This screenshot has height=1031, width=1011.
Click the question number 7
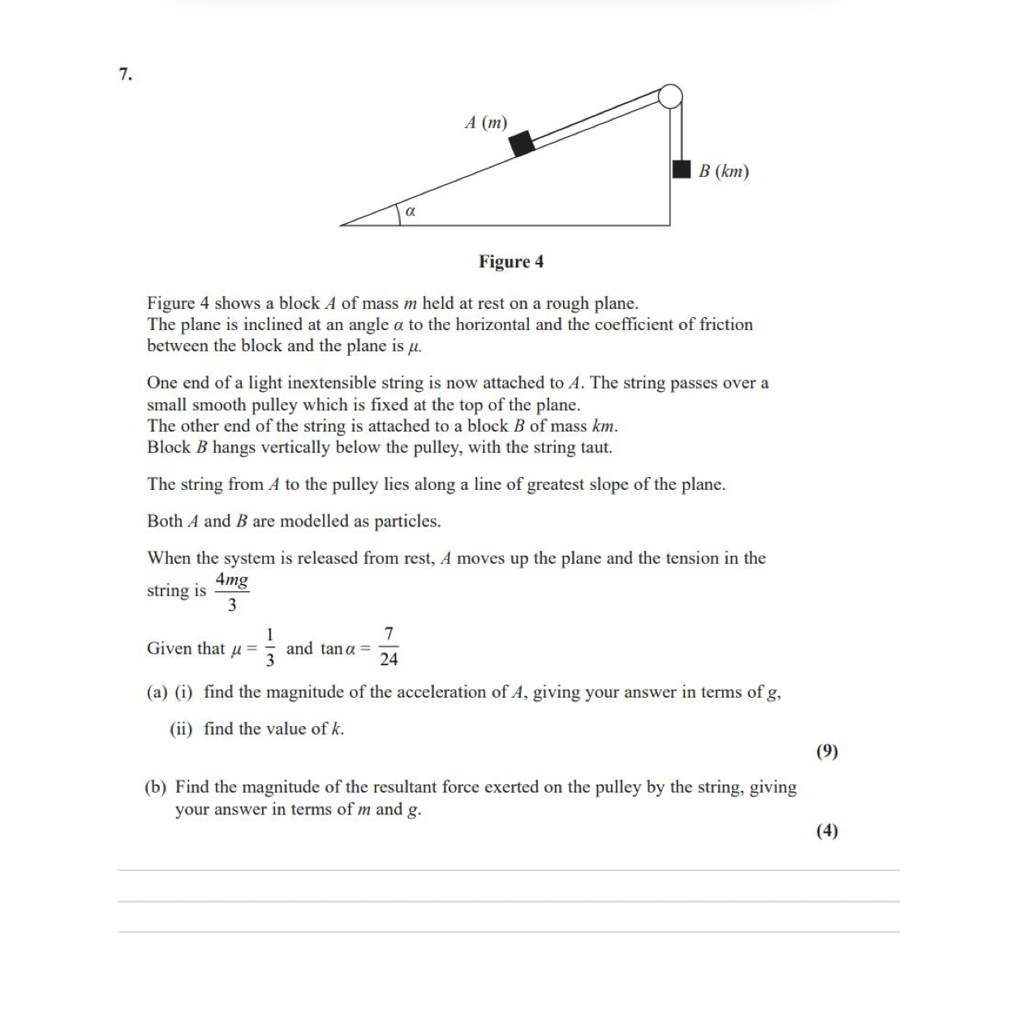[124, 75]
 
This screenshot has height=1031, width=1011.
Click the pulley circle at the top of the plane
[669, 97]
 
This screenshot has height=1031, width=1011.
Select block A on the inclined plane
[522, 143]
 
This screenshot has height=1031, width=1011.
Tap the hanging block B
[682, 169]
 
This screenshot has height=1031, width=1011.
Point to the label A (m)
[486, 122]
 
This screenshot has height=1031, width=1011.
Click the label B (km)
[724, 171]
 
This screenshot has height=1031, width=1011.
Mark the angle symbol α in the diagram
[410, 211]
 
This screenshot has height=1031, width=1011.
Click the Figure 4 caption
[511, 261]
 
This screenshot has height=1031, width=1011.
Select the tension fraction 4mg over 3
[232, 592]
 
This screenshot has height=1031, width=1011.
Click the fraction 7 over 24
[389, 647]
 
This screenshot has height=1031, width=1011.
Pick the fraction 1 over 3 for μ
[270, 647]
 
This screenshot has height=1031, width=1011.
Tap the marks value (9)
[827, 751]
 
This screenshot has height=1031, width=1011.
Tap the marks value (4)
[827, 831]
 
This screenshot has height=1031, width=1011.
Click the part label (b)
[156, 787]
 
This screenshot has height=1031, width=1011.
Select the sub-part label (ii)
[181, 728]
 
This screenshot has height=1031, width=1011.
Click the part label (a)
[157, 692]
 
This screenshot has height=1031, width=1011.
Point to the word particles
[407, 521]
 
